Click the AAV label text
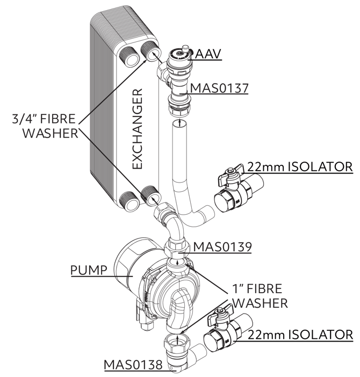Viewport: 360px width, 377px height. (x=208, y=54)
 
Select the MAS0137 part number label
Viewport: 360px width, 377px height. (x=219, y=88)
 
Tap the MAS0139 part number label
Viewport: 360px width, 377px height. (x=221, y=247)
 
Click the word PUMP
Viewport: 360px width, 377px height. (x=90, y=269)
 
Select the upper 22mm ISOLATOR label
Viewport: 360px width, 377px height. (x=300, y=166)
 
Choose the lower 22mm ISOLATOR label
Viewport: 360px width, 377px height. (x=300, y=334)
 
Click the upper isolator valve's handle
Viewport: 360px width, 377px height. (x=228, y=176)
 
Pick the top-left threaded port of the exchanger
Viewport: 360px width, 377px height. (x=130, y=55)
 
